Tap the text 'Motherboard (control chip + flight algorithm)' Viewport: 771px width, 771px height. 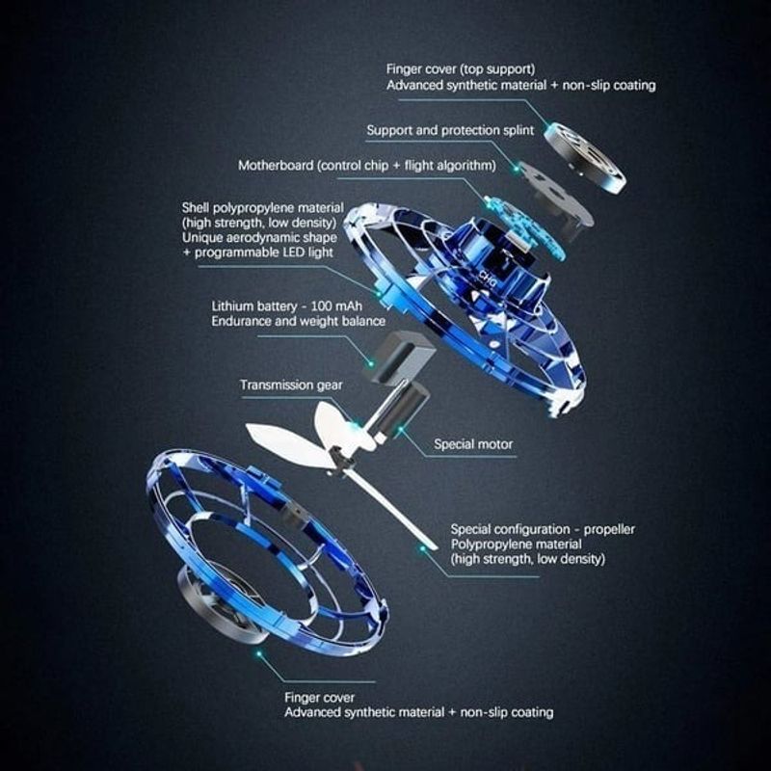pyautogui.click(x=367, y=166)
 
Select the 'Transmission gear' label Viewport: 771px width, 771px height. pyautogui.click(x=291, y=385)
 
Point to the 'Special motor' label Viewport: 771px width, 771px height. pyautogui.click(x=473, y=444)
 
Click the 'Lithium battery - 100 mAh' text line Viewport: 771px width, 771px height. pyautogui.click(x=279, y=306)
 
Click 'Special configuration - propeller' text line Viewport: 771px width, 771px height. pyautogui.click(x=543, y=529)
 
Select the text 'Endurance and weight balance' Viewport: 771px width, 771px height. pyautogui.click(x=299, y=321)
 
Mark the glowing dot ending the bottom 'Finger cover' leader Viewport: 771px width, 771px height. pyautogui.click(x=257, y=654)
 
